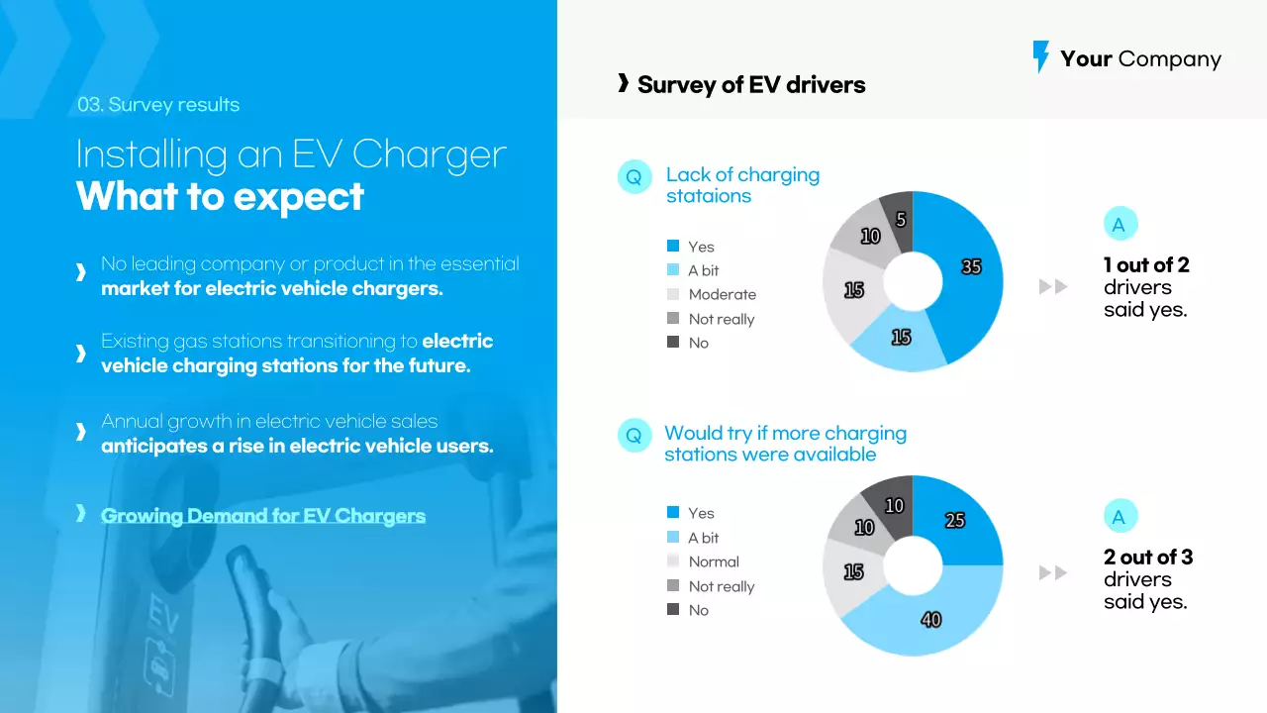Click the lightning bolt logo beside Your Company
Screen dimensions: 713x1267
[1040, 56]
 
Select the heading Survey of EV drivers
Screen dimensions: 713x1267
[750, 85]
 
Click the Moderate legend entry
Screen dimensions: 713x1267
[722, 294]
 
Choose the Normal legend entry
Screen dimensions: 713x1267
[713, 561]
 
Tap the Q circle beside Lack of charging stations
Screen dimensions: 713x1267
[634, 177]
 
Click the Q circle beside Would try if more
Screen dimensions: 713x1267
[634, 436]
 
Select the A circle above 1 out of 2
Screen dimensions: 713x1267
[1120, 225]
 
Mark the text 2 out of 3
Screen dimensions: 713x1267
[1148, 558]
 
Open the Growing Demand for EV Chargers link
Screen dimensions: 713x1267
[263, 516]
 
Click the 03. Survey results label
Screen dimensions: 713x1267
[158, 105]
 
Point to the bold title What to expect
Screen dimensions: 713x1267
[220, 196]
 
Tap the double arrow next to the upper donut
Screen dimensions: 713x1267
[1053, 287]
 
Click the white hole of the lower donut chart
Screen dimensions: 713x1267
[913, 565]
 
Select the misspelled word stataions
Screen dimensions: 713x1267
[709, 196]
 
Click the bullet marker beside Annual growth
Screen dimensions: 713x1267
[81, 432]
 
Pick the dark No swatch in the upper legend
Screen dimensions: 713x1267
[673, 343]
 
